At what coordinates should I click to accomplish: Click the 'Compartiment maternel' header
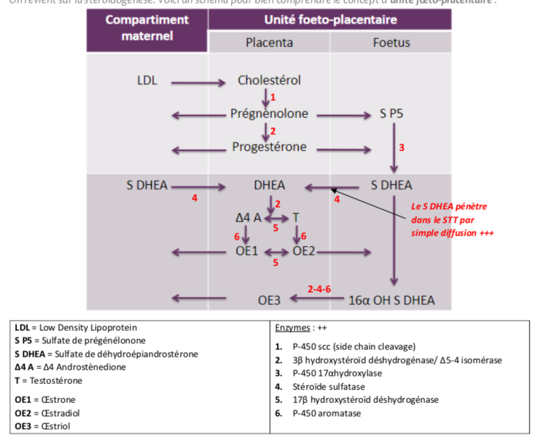coord(147,27)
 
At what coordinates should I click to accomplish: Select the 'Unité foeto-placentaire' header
coord(330,19)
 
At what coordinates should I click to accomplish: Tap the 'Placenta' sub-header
coord(269,42)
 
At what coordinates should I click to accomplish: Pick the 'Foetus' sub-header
coord(391,42)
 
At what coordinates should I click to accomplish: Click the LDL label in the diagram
coord(147,81)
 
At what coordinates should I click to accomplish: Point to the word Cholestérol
coord(269,80)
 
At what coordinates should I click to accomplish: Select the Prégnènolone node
coord(269,114)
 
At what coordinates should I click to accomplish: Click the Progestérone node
coord(269,146)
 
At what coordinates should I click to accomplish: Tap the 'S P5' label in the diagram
coord(392,114)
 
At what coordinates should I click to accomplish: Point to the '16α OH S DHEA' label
coord(391,299)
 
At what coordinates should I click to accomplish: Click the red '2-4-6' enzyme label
coord(319,289)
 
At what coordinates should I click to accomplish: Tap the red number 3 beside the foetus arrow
coord(401,147)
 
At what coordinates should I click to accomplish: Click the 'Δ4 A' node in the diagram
coord(248,218)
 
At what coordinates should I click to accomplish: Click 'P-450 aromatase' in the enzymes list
coord(326,413)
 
